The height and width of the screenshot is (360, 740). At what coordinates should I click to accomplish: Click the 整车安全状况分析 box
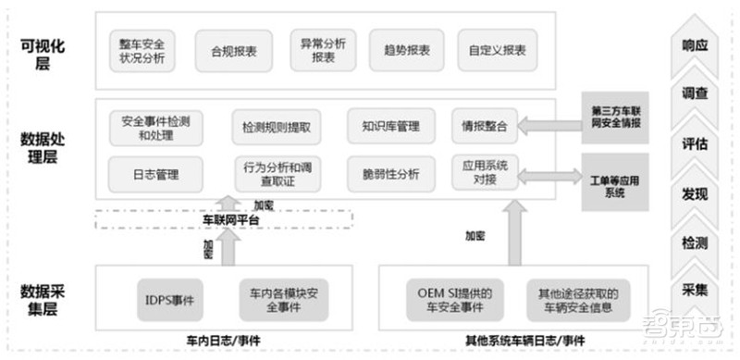click(x=142, y=51)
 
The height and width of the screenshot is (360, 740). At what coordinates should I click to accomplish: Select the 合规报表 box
click(x=228, y=51)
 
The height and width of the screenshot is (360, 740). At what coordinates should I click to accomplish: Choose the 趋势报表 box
click(x=405, y=51)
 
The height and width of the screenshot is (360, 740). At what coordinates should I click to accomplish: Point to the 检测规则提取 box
click(x=276, y=128)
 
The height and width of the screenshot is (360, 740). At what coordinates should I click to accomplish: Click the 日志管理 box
click(x=154, y=173)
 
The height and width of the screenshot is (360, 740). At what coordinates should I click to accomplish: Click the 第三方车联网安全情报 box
click(x=614, y=117)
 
